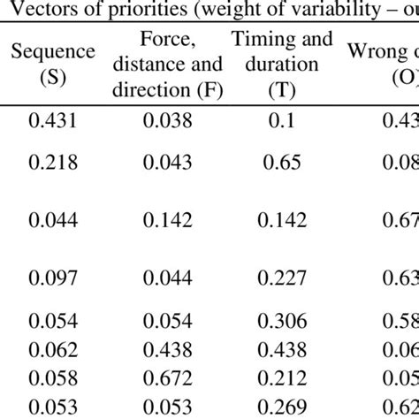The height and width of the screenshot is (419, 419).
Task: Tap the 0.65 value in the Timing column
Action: [x=281, y=163]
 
